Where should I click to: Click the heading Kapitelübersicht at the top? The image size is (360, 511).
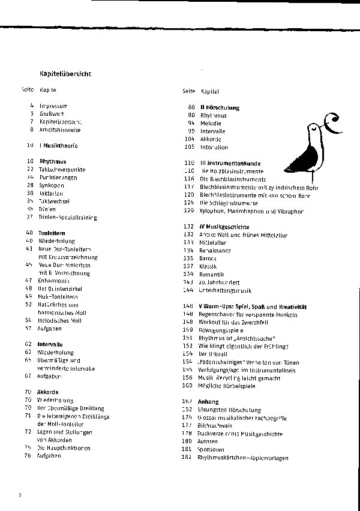(x=65, y=74)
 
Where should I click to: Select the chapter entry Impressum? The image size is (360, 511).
(x=53, y=106)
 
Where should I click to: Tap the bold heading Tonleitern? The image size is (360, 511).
(x=52, y=233)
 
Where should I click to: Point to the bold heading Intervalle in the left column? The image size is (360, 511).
(x=51, y=344)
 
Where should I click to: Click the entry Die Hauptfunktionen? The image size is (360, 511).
(x=64, y=447)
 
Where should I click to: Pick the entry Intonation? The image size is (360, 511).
(x=214, y=147)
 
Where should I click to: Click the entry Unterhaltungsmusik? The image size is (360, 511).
(x=226, y=290)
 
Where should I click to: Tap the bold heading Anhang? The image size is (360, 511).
(x=209, y=401)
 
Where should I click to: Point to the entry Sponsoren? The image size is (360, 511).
(x=212, y=449)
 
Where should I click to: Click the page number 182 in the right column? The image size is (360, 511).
(x=186, y=458)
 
